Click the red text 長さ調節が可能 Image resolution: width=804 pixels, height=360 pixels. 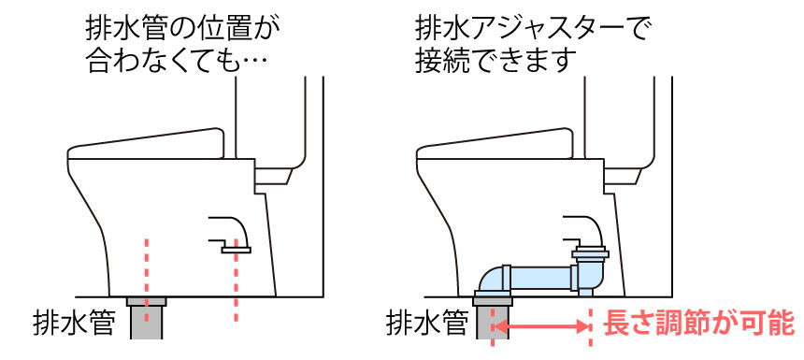pos(698,324)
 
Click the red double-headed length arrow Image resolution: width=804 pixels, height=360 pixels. pos(542,325)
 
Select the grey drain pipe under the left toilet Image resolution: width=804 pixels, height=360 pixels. pos(147,318)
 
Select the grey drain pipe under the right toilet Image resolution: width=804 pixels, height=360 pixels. pos(493,318)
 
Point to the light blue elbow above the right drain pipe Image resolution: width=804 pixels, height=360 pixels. pos(494,281)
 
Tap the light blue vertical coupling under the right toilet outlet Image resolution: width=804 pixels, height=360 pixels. pos(590,271)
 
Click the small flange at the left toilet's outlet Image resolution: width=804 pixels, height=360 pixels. pos(236,250)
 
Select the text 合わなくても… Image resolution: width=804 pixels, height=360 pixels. pos(178,65)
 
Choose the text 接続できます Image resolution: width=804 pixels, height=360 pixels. pos(493,65)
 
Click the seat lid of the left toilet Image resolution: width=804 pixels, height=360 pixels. pos(146,144)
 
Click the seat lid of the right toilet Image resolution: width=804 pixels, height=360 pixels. pos(495,144)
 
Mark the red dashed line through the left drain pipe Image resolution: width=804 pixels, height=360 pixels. pos(147,280)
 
